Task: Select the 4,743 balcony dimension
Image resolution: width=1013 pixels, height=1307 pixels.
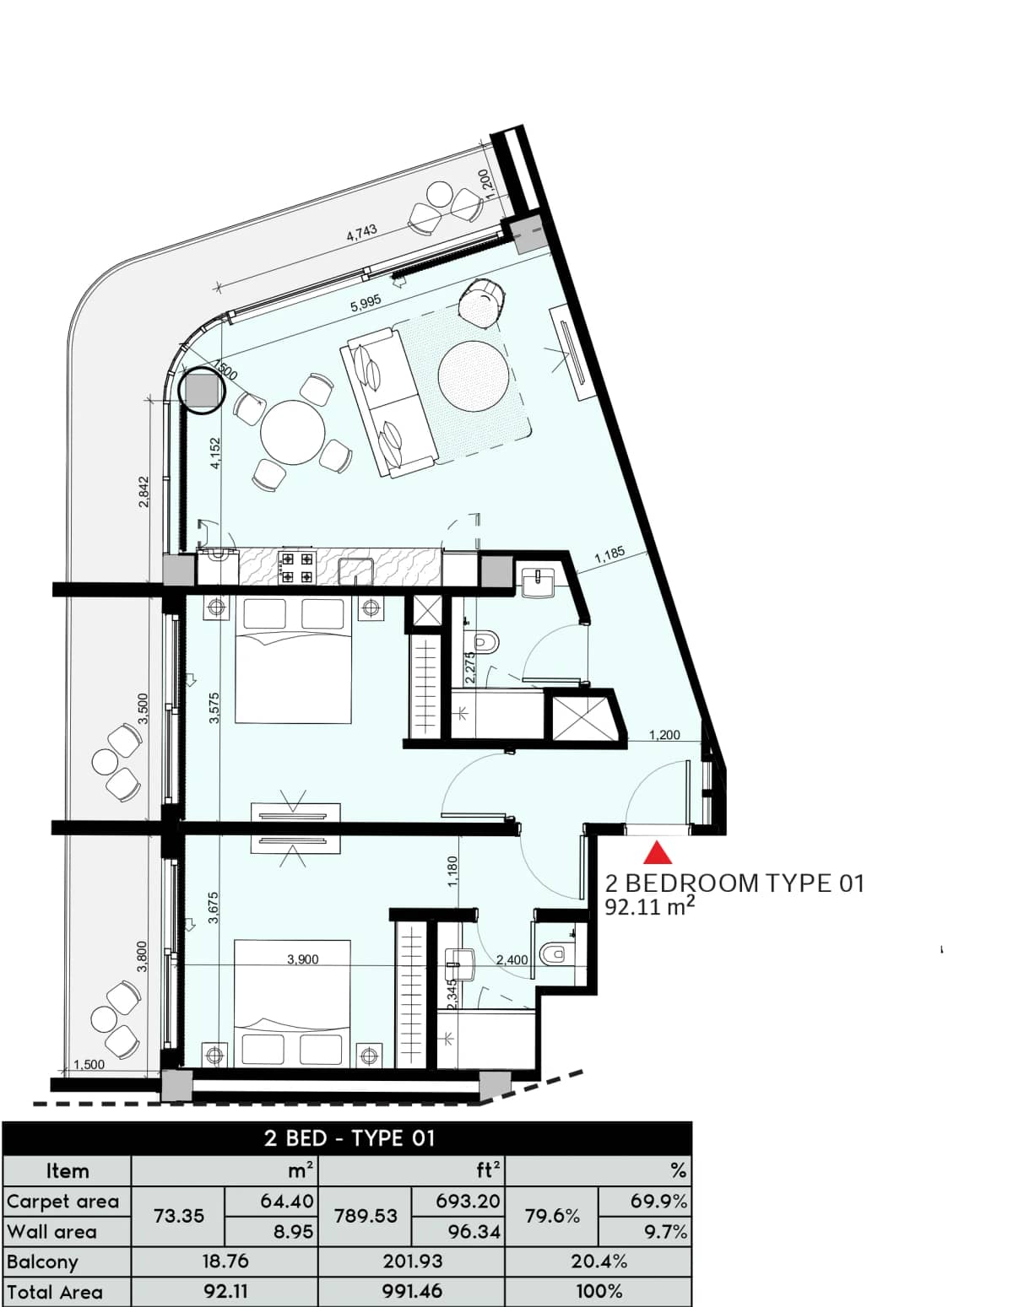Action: click(361, 234)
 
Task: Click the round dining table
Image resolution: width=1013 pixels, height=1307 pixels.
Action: click(293, 431)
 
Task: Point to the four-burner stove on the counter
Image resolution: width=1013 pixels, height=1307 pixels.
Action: click(296, 567)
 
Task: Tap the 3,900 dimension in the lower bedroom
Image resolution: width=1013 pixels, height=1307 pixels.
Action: click(302, 959)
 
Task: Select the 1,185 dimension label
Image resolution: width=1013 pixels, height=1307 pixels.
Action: click(609, 555)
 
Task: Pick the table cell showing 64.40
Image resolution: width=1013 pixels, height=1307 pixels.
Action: click(287, 1200)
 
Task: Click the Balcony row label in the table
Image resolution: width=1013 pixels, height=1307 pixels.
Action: click(42, 1261)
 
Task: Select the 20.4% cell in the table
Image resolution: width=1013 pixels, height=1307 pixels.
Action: click(598, 1261)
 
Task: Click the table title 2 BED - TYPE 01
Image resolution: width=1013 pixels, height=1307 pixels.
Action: click(349, 1138)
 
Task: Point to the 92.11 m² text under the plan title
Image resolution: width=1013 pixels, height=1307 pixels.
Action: click(650, 907)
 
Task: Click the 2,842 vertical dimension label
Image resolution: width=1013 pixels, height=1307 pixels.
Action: click(144, 491)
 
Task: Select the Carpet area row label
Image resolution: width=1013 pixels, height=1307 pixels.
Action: click(62, 1201)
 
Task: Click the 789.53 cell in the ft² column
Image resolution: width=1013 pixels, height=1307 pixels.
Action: click(365, 1216)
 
